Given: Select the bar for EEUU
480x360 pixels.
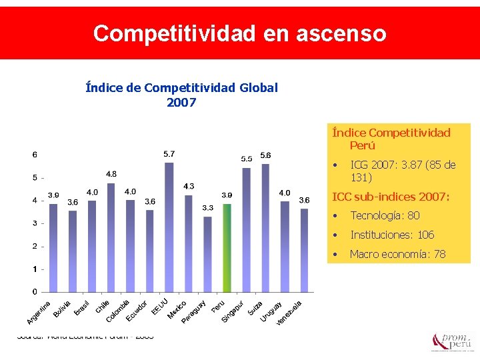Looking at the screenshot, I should [169, 227].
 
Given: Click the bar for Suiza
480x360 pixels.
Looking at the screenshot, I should [265, 227].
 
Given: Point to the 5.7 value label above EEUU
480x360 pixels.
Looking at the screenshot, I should [169, 154].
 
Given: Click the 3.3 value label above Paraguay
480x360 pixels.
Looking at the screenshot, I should [207, 208].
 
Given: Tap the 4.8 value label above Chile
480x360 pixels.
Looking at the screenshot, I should [111, 174].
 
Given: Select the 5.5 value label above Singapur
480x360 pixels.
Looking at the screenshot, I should [247, 159].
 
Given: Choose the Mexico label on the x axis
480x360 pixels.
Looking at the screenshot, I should [177, 309].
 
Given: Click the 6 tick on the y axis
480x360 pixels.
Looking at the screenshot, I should [35, 155].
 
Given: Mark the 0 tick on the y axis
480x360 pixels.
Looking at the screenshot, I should [35, 292].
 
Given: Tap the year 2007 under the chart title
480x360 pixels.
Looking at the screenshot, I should [181, 102].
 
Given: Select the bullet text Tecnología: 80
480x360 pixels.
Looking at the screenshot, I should [385, 215].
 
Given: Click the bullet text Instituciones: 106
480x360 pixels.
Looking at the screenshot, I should [392, 235].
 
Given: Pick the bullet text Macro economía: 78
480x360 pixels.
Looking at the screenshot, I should [397, 254].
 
